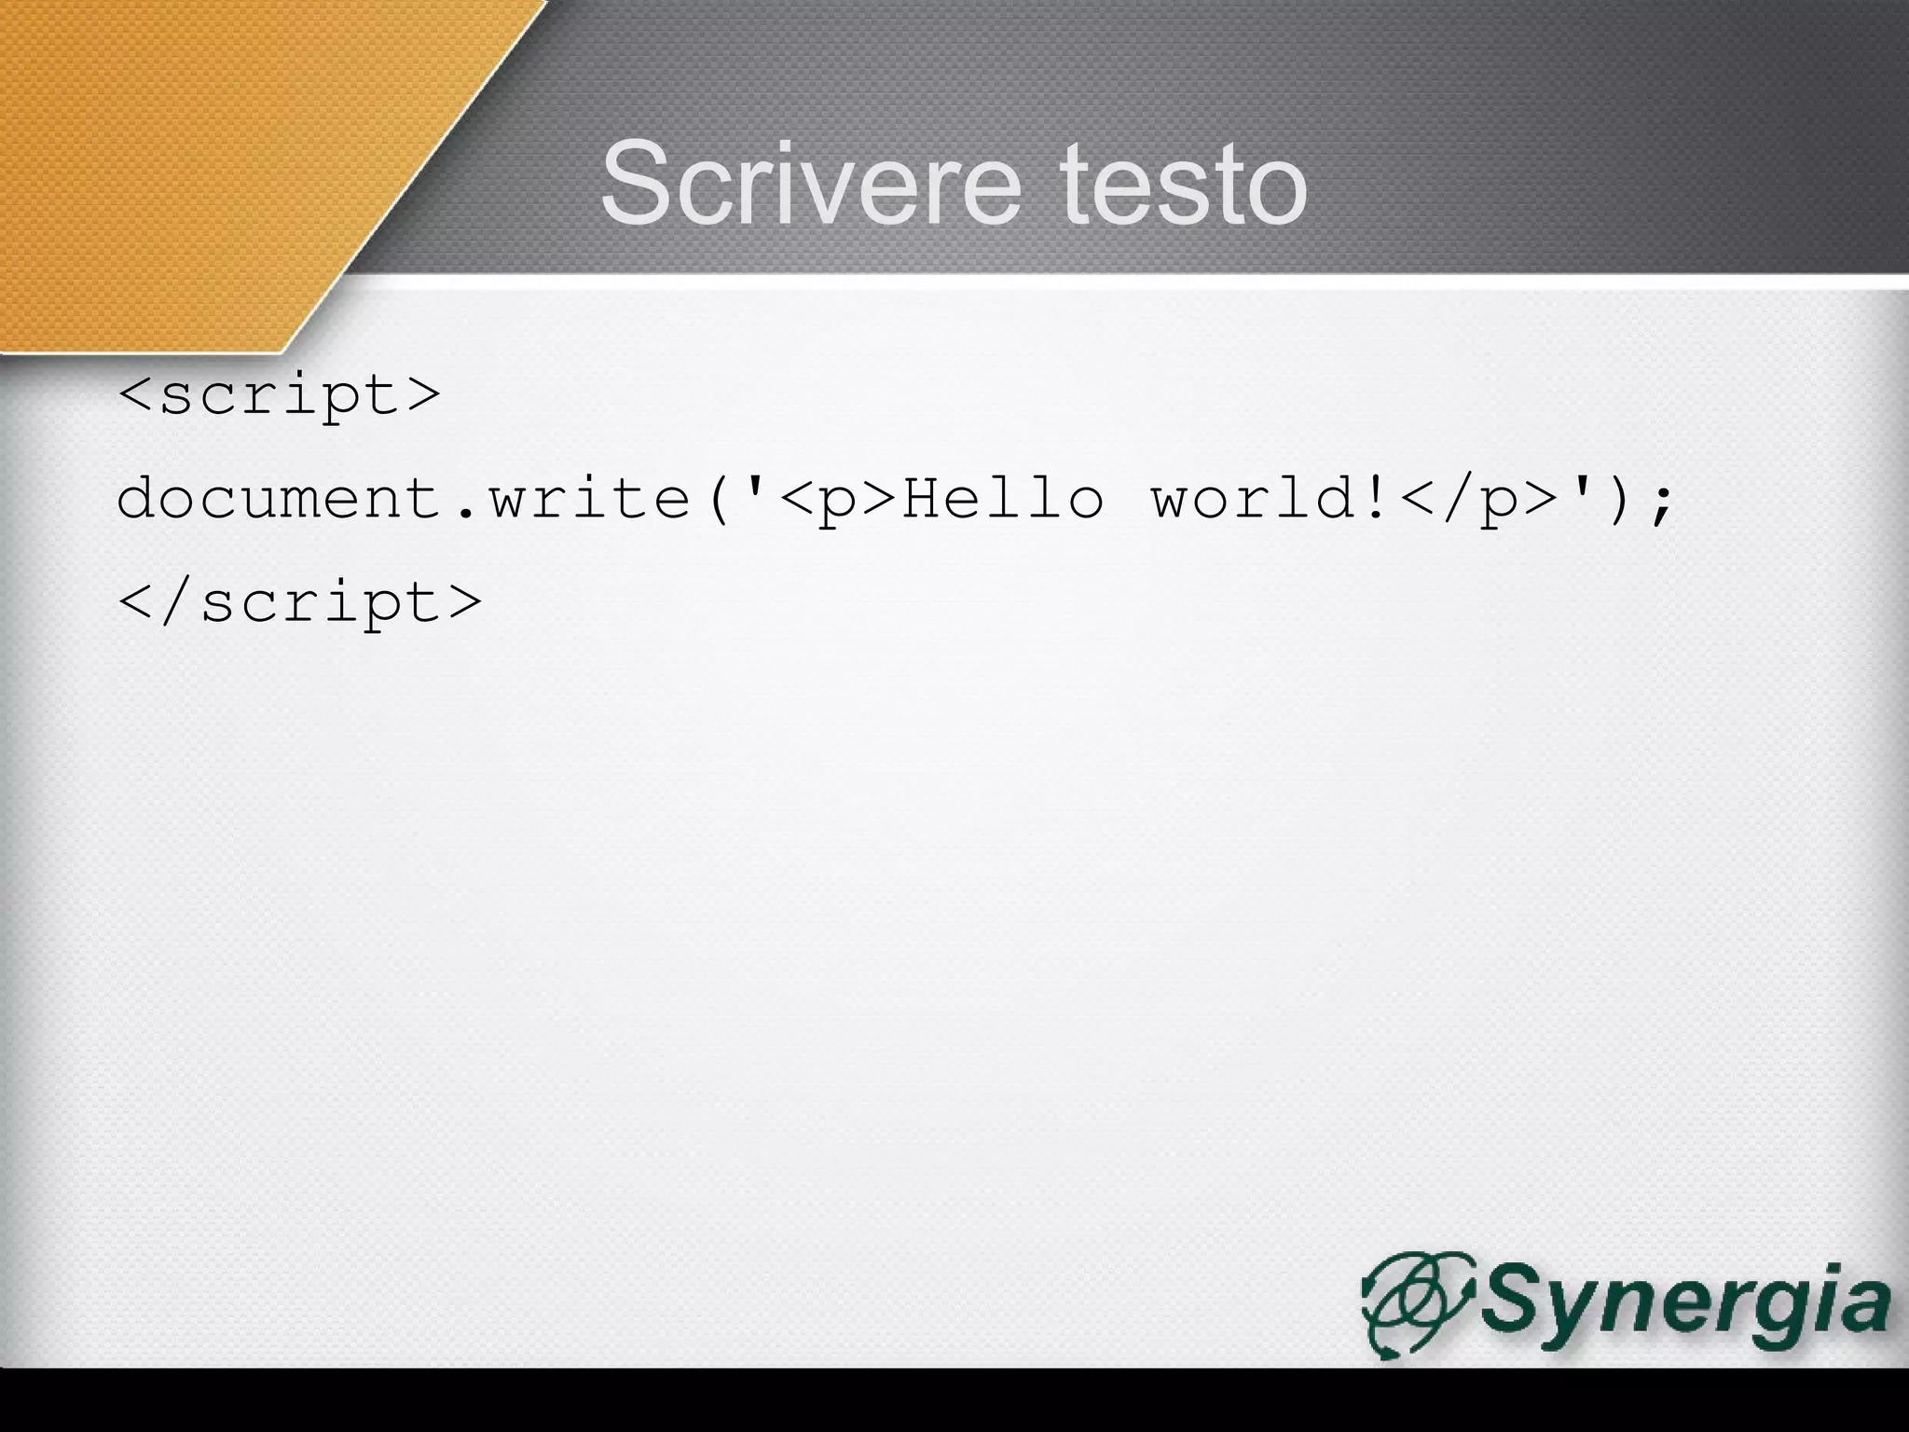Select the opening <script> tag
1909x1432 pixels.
coord(279,395)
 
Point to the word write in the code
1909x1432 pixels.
coord(590,499)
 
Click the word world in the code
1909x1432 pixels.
coord(1254,499)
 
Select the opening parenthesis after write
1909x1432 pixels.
coord(718,500)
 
